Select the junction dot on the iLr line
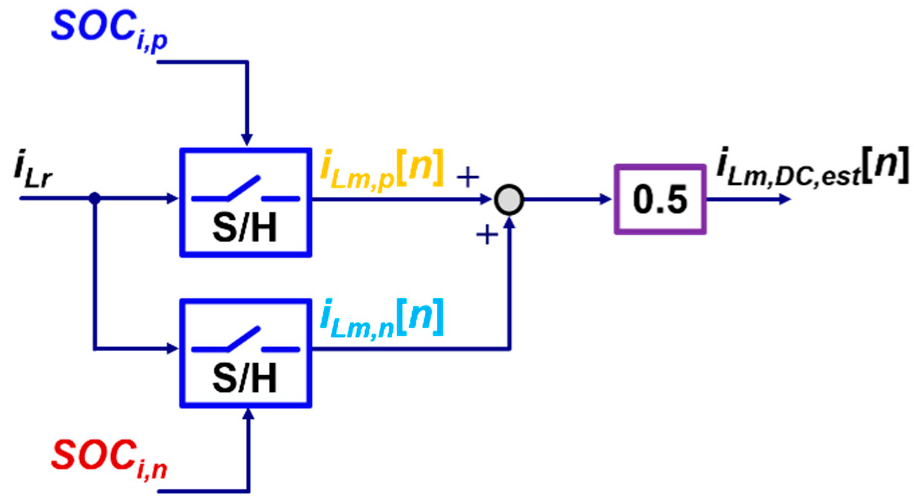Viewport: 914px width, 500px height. click(94, 198)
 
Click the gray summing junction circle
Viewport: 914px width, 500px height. click(509, 200)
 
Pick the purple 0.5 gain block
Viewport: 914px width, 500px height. click(660, 199)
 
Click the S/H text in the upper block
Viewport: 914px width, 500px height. click(244, 228)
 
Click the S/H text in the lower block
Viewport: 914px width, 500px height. click(244, 378)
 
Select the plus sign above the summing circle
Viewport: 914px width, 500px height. click(468, 177)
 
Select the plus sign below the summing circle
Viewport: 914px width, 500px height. click(487, 234)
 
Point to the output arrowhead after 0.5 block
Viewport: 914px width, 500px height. click(785, 199)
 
